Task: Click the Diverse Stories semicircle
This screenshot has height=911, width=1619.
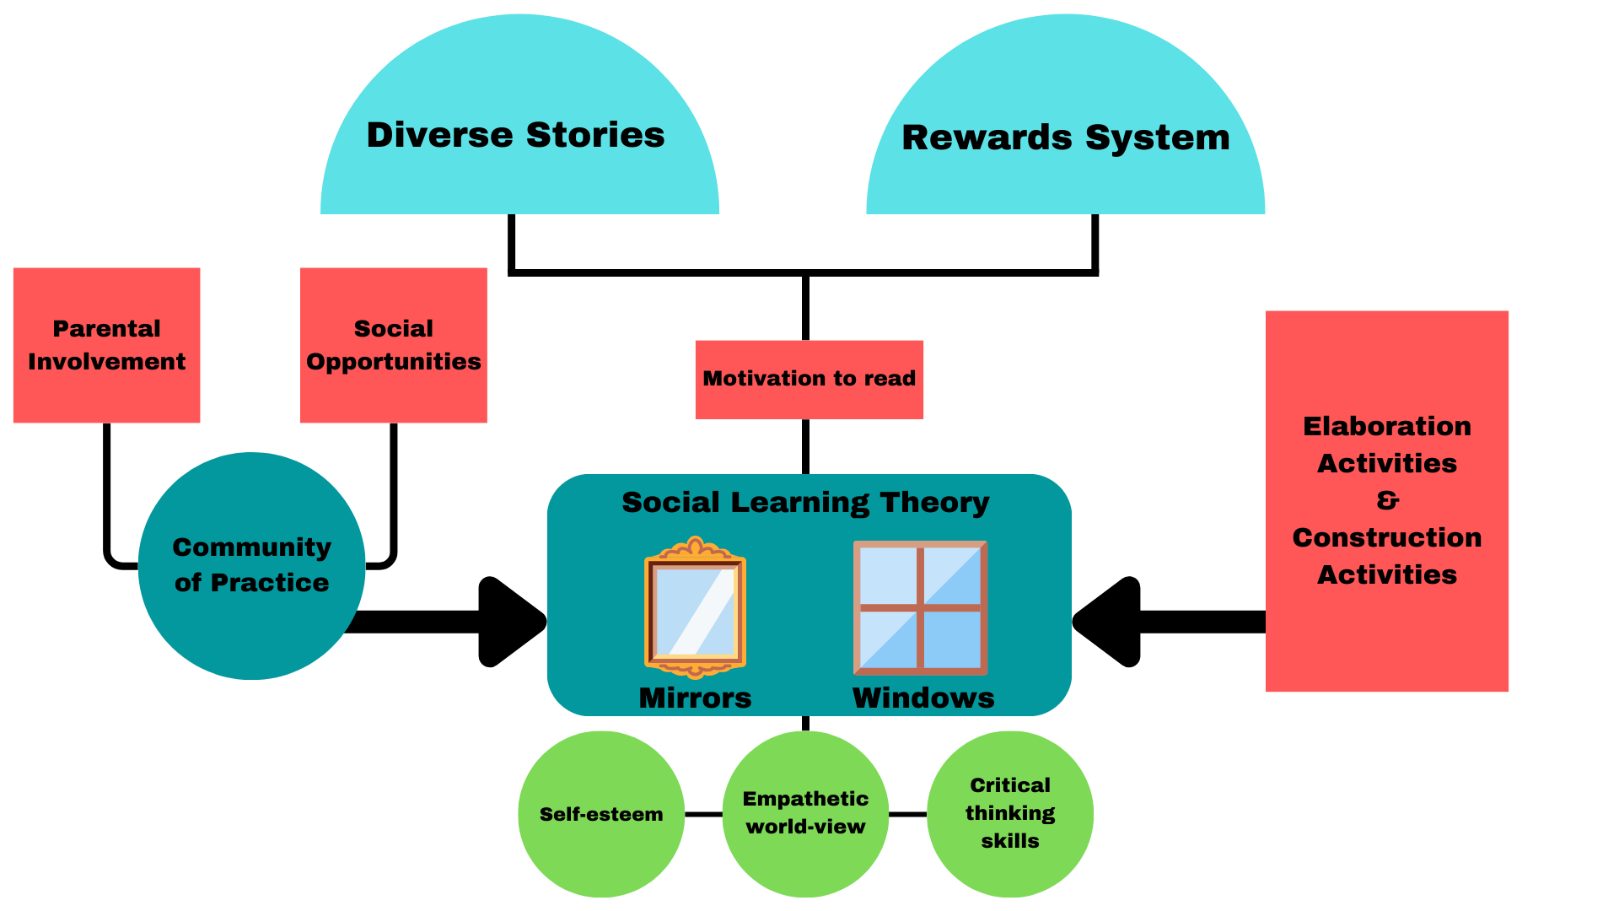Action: point(519,135)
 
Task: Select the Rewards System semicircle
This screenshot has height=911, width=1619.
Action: point(1065,137)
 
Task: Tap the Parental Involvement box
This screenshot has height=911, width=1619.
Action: point(106,345)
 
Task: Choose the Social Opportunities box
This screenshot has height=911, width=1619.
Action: point(393,345)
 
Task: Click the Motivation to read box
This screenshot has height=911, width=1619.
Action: point(809,379)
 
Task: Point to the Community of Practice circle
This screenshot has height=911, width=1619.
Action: point(251,565)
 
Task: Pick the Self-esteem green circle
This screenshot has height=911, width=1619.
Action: point(600,814)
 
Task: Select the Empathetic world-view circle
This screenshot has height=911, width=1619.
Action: point(805,813)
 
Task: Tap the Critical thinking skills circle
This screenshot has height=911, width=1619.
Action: point(1009,813)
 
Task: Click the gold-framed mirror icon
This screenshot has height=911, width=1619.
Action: point(695,607)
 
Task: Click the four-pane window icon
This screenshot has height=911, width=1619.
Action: point(920,607)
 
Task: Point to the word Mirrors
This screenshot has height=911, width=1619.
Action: point(695,698)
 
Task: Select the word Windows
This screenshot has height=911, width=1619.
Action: point(923,698)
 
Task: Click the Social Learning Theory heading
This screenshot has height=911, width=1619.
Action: point(805,503)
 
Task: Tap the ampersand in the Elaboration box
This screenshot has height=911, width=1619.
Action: point(1387,500)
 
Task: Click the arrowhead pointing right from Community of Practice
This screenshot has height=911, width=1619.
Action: point(510,622)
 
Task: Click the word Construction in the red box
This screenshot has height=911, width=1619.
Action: point(1387,537)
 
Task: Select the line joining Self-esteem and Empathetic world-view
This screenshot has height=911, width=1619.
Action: point(703,814)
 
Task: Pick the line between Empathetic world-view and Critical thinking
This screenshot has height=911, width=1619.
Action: point(907,814)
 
